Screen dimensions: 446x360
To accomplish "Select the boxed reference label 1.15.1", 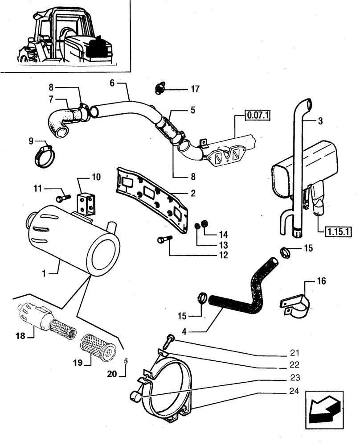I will (339, 231).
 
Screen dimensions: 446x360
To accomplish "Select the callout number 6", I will (112, 83).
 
